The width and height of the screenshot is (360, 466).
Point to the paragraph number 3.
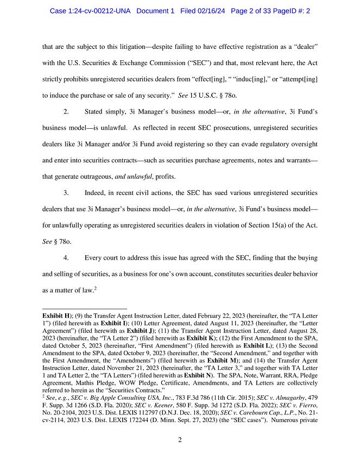[x=66, y=193]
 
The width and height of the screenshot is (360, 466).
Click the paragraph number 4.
[x=66, y=257]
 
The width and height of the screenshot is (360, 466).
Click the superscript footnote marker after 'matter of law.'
[x=96, y=288]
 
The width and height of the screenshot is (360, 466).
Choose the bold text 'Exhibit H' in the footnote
[x=56, y=314]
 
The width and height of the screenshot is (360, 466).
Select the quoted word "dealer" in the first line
[x=305, y=47]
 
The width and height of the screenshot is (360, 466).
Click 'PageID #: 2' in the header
[x=306, y=11]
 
